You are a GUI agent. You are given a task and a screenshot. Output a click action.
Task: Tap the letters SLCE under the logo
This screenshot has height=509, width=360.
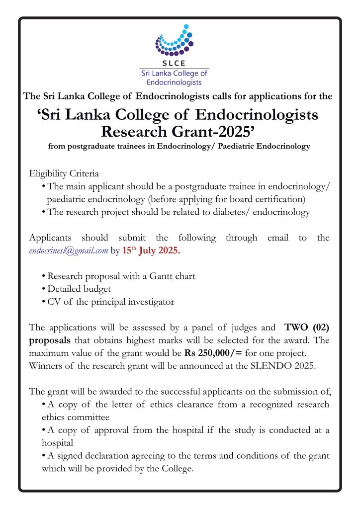[x=174, y=63]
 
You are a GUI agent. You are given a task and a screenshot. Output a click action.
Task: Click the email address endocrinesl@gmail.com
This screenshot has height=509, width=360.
[x=69, y=251]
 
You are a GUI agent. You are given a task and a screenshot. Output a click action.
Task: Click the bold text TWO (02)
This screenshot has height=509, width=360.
[x=307, y=328]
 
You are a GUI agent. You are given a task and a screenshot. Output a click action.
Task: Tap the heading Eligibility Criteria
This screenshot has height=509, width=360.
[x=64, y=173]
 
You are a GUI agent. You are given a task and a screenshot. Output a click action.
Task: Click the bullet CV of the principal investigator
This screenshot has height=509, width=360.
[x=110, y=301]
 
